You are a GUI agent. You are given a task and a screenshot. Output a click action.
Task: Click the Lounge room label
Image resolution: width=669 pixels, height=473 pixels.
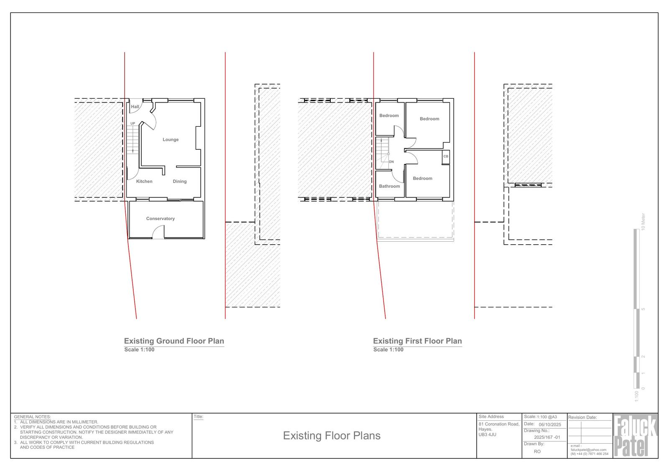[x=171, y=140]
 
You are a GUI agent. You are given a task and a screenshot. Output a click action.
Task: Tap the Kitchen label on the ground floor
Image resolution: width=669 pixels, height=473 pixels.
[x=144, y=182]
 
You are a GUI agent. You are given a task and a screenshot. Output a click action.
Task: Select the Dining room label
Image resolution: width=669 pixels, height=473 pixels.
[x=179, y=182]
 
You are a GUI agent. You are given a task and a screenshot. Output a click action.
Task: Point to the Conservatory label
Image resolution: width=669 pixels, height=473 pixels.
[x=161, y=219]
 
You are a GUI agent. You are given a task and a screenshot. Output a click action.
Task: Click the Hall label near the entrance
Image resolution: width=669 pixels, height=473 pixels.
[x=135, y=107]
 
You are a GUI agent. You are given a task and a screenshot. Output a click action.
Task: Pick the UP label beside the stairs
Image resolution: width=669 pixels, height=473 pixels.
[x=133, y=123]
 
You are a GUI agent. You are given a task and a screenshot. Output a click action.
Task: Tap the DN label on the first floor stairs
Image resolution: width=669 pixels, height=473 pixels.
[x=391, y=162]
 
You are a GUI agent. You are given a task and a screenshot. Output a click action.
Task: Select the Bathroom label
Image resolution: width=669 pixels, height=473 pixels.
[x=389, y=186]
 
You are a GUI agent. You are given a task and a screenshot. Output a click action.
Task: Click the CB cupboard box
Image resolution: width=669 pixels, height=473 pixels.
[x=446, y=157]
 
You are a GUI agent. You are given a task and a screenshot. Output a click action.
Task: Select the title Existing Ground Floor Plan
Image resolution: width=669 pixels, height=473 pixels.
[x=174, y=341]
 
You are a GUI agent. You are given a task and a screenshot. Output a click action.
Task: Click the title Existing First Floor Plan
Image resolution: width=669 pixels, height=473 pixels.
[x=418, y=341]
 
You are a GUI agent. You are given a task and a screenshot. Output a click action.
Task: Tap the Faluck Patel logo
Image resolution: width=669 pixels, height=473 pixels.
[x=635, y=436]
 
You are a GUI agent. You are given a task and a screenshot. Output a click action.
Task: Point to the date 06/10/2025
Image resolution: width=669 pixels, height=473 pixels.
[x=550, y=424]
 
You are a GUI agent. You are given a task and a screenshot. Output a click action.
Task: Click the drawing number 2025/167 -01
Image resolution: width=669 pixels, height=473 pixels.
[x=547, y=437]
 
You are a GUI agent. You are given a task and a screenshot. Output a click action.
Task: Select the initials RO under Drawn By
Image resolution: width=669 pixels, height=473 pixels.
[x=537, y=452]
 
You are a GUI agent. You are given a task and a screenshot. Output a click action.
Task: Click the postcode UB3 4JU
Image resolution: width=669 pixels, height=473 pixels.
[x=488, y=435]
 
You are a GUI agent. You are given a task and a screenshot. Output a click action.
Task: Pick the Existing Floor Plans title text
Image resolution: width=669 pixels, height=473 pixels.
[x=332, y=436]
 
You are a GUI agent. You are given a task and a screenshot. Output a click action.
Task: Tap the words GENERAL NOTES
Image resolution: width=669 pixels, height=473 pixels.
[x=32, y=417]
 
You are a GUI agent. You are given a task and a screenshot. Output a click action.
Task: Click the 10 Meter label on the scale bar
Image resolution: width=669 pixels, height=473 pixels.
[x=643, y=221]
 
